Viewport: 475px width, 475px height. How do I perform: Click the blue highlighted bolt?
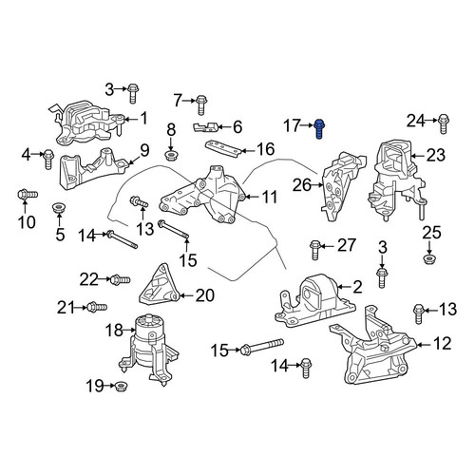point(319,129)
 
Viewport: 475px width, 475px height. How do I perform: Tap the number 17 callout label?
point(292,125)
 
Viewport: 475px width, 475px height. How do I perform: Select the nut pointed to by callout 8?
point(171,156)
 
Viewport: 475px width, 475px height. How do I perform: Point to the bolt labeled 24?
point(444,124)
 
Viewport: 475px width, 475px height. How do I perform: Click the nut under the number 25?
point(428,258)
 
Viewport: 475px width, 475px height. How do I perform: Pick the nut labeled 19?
point(120,386)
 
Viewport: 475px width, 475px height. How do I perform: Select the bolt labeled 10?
point(28,194)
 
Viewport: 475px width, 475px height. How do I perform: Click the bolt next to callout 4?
point(48,160)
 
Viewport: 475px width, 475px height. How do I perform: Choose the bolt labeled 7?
point(200,104)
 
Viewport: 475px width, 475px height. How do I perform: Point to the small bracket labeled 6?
point(205,127)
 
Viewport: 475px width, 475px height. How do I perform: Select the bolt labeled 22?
point(120,279)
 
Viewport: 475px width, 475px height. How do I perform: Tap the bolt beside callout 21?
point(97,307)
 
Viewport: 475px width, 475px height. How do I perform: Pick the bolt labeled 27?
point(314,250)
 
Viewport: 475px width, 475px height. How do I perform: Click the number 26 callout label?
point(302,185)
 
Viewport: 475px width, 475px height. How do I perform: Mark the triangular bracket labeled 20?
point(160,285)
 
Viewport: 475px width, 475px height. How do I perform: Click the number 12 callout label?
point(442,344)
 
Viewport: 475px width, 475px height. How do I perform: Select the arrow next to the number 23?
point(418,156)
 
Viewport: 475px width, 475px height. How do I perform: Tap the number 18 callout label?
point(114,331)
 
